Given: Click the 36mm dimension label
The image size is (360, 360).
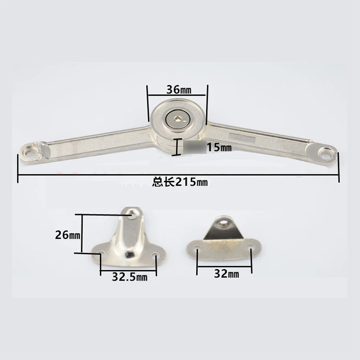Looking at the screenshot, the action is click(x=179, y=90).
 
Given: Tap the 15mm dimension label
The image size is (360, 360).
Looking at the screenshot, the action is click(x=219, y=147).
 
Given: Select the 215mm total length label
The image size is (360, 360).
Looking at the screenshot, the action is click(x=180, y=182).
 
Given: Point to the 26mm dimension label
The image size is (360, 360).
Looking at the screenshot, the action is click(x=68, y=235).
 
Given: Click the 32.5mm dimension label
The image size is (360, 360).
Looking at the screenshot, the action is click(x=130, y=277).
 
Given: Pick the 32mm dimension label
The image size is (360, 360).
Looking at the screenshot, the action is click(x=227, y=274).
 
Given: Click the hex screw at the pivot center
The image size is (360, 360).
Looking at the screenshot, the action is click(x=177, y=119).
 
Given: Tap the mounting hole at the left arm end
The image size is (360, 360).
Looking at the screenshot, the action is click(x=30, y=152).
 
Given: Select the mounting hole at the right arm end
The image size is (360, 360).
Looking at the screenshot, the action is click(x=325, y=154).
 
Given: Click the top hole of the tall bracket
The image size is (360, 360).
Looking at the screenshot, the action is click(x=133, y=216).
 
